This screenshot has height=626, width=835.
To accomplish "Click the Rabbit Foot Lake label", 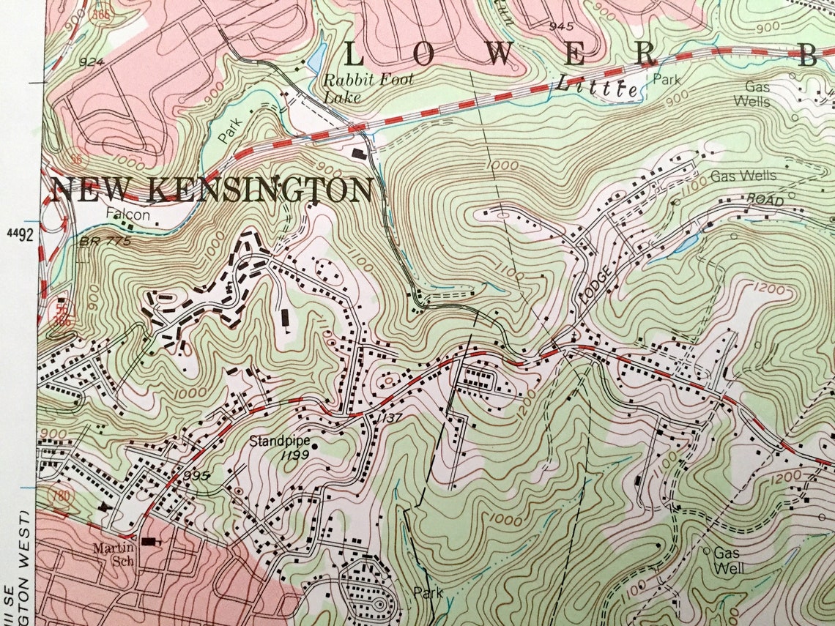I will [368, 87].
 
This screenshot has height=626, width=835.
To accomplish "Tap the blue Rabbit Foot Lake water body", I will [319, 57].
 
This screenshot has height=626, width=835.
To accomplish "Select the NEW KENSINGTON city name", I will [212, 190].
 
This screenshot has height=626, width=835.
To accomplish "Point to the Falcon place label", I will [127, 215].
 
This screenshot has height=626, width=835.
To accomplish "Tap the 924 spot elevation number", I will [92, 62].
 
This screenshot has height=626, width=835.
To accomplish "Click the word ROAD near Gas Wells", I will [765, 200].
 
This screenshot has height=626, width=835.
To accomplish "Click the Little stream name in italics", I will [595, 86].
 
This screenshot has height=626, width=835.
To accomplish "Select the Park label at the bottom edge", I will [428, 592].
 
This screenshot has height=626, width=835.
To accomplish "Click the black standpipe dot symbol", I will [315, 444].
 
